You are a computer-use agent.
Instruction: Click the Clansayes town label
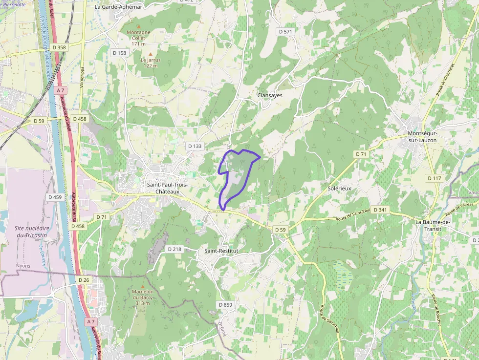(270, 96)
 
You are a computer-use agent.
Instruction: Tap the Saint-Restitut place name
(221, 251)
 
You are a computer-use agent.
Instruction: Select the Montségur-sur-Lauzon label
(422, 137)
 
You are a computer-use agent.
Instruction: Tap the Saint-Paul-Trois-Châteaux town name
(167, 188)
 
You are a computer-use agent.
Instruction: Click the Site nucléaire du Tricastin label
(30, 232)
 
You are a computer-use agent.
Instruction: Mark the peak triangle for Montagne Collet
(138, 26)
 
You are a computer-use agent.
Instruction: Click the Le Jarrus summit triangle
(151, 54)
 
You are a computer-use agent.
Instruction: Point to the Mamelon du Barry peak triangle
(143, 286)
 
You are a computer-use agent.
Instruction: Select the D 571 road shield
(285, 32)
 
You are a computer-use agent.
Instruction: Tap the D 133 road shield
(195, 146)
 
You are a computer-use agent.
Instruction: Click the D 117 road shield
(435, 178)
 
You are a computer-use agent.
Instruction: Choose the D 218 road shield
(174, 249)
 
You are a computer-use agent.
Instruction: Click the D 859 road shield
(225, 305)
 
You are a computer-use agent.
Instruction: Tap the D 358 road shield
(58, 47)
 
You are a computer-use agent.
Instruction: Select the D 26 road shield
(84, 280)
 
